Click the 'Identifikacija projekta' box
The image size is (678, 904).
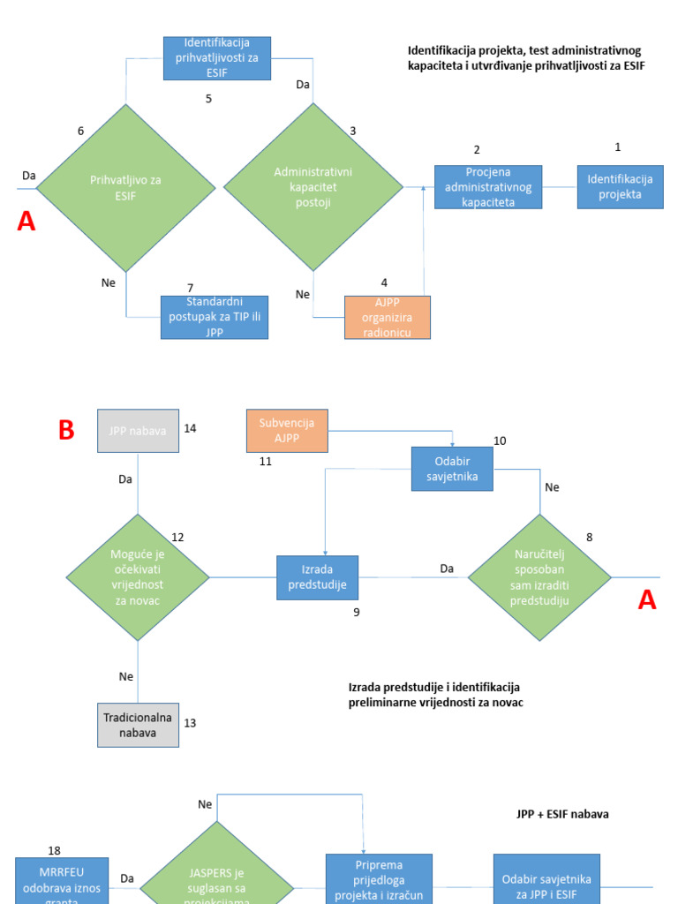coord(620,187)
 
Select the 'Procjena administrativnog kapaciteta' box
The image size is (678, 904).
coord(488,187)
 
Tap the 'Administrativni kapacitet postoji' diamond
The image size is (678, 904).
coord(313,187)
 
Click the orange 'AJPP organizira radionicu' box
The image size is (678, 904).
coord(388,317)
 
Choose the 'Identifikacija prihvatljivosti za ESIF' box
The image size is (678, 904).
coord(217,57)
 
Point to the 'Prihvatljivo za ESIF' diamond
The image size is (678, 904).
coord(125,187)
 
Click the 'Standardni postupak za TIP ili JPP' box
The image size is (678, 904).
coord(215,317)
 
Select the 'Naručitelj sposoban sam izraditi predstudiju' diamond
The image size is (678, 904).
coord(539,577)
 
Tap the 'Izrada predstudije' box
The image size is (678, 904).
coord(317,577)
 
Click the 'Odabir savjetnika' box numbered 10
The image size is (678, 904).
coord(452,469)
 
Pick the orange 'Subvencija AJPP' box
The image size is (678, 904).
coord(286,431)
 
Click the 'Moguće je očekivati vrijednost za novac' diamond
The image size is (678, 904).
coord(138,577)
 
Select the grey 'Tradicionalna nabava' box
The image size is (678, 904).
coord(138,724)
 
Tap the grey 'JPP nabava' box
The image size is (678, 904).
coord(138,431)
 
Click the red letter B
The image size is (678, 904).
coord(66,431)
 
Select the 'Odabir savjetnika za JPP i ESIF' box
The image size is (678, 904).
coord(546,878)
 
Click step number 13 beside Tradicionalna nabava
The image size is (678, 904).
coord(190,723)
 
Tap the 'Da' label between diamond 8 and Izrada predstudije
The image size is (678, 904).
coord(448,569)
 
